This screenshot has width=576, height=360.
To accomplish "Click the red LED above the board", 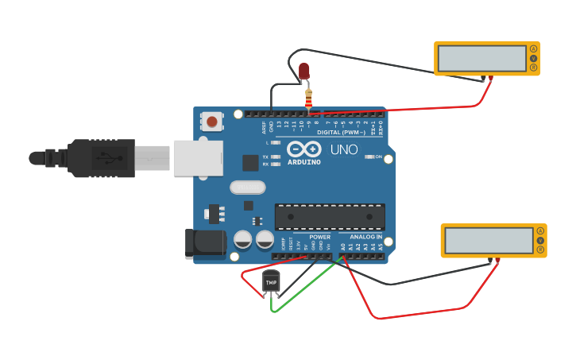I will tap(303, 72).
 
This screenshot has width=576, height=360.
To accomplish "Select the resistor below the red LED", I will tap(308, 98).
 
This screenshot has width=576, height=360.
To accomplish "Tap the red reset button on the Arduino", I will tap(212, 122).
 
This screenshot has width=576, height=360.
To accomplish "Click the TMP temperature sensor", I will tap(271, 282).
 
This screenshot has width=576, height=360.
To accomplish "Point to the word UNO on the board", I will tap(343, 149).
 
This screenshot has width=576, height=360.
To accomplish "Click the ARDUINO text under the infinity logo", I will tap(304, 162).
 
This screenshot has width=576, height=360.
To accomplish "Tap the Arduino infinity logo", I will tap(303, 149).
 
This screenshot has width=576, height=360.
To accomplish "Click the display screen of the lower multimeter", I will tap(488, 240).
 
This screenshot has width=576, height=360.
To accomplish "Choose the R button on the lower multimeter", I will tap(540, 250).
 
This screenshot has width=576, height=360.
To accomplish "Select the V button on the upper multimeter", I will tap(533, 59).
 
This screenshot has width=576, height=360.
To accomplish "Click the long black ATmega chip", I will tap(330, 216).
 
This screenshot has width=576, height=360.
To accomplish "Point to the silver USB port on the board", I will tap(197, 157).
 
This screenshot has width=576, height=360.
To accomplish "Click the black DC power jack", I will tap(203, 243).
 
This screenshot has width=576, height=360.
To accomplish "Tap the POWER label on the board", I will tap(319, 237).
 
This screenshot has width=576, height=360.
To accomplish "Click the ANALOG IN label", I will tap(366, 237).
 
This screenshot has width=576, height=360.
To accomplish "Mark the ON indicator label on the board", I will tap(378, 157).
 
